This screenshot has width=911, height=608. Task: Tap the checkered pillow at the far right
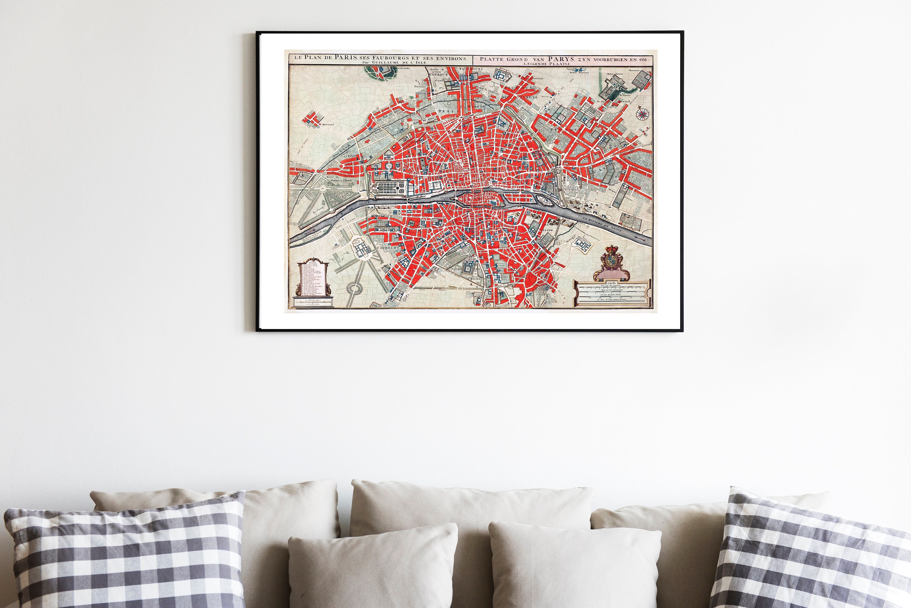810,555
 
